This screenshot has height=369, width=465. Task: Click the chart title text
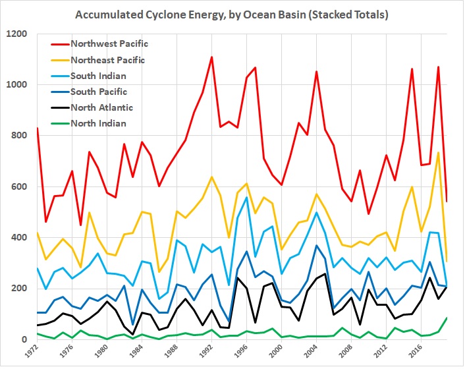tap(232, 14)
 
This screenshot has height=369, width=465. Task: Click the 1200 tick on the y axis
tap(19, 33)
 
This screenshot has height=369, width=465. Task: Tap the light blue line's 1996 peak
tap(246, 197)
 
